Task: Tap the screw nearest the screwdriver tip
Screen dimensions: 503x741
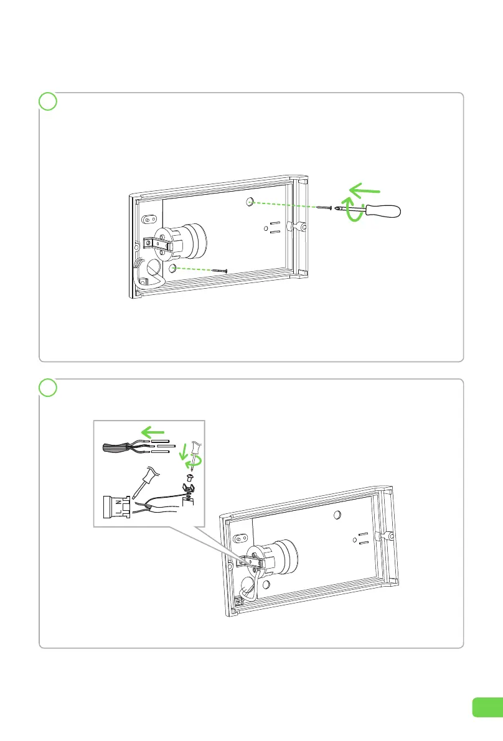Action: (x=324, y=207)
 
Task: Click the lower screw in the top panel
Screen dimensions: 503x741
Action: (x=220, y=270)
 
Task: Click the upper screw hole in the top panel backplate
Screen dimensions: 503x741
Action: (x=250, y=202)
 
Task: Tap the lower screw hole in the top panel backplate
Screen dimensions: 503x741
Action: (x=172, y=268)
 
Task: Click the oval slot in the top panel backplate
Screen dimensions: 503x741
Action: (x=149, y=219)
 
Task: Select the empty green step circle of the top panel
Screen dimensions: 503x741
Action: (x=48, y=101)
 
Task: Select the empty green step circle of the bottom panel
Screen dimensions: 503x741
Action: (x=48, y=388)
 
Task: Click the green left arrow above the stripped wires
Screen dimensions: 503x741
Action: (x=153, y=432)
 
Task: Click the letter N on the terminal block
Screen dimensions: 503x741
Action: (x=118, y=504)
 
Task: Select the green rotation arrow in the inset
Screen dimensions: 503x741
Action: (x=195, y=460)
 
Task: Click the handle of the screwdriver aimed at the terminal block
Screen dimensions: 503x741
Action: (x=151, y=475)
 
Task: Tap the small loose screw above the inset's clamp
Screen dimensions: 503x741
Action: (x=190, y=477)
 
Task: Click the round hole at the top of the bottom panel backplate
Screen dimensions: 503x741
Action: (x=337, y=514)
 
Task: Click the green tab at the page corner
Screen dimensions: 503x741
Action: (x=487, y=707)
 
